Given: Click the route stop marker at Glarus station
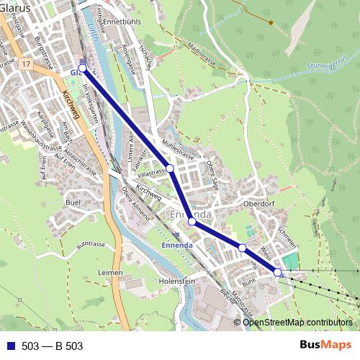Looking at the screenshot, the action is point(82,68).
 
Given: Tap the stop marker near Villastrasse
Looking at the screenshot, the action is point(170,168).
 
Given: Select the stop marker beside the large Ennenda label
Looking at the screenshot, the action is point(192,222).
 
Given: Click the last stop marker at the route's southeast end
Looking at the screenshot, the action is point(278,272).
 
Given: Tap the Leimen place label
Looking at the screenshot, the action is point(110,272).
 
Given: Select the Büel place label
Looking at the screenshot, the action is point(73,203).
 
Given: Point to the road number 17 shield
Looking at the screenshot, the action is point(26,66).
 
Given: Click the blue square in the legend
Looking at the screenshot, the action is point(9,346).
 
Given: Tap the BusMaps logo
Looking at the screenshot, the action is point(323,346).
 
